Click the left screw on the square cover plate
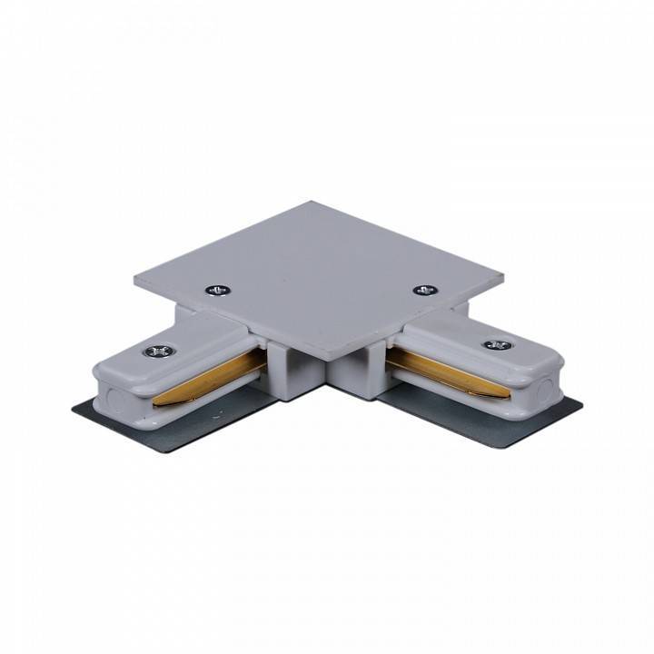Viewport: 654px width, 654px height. tap(217, 291)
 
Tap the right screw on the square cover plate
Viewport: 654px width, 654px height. tap(424, 291)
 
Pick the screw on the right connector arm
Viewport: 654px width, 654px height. tap(495, 345)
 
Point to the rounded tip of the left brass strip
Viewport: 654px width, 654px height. tap(157, 399)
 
